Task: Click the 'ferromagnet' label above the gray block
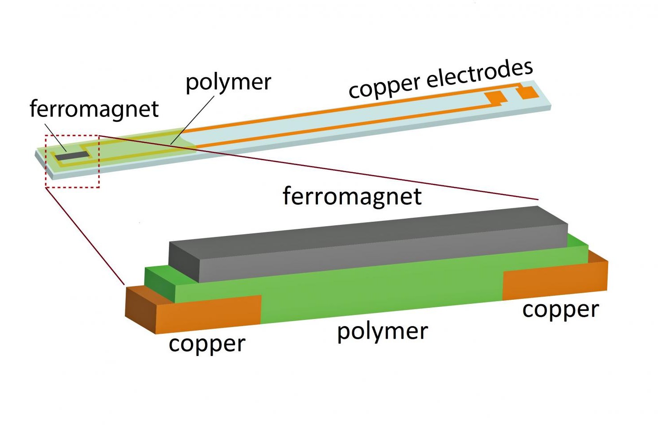352,196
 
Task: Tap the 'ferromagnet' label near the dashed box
94,109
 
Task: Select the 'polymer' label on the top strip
228,83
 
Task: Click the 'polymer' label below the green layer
382,331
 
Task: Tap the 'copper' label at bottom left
207,344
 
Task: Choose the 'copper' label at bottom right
560,310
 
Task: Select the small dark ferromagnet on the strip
72,156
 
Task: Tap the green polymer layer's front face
379,294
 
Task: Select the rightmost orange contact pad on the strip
528,92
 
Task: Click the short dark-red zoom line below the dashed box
85,236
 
